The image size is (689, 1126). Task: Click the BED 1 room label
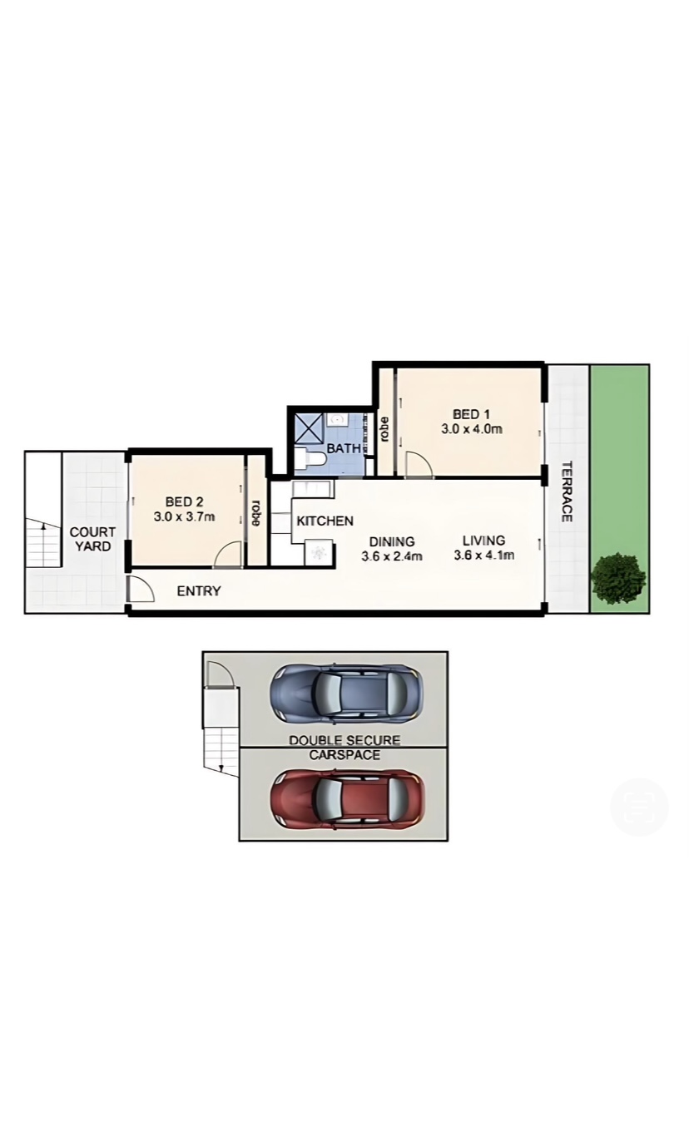(471, 414)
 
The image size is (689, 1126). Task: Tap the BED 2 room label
(185, 501)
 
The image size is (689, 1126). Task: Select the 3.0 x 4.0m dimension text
(472, 429)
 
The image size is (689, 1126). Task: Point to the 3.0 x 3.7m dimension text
(185, 516)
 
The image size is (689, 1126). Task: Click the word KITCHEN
(325, 521)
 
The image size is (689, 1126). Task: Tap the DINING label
(392, 541)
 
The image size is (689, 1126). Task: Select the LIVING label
(483, 541)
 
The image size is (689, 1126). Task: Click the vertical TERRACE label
(567, 491)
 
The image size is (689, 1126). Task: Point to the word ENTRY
(199, 591)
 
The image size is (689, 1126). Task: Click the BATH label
(344, 448)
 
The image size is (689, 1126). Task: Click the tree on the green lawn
(618, 578)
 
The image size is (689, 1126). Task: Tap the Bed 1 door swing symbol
(419, 464)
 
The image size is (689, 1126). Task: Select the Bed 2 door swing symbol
(228, 555)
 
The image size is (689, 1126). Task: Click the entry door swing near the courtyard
(141, 589)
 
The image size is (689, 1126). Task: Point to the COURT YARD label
(92, 539)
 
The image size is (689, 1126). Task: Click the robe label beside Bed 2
(256, 513)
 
